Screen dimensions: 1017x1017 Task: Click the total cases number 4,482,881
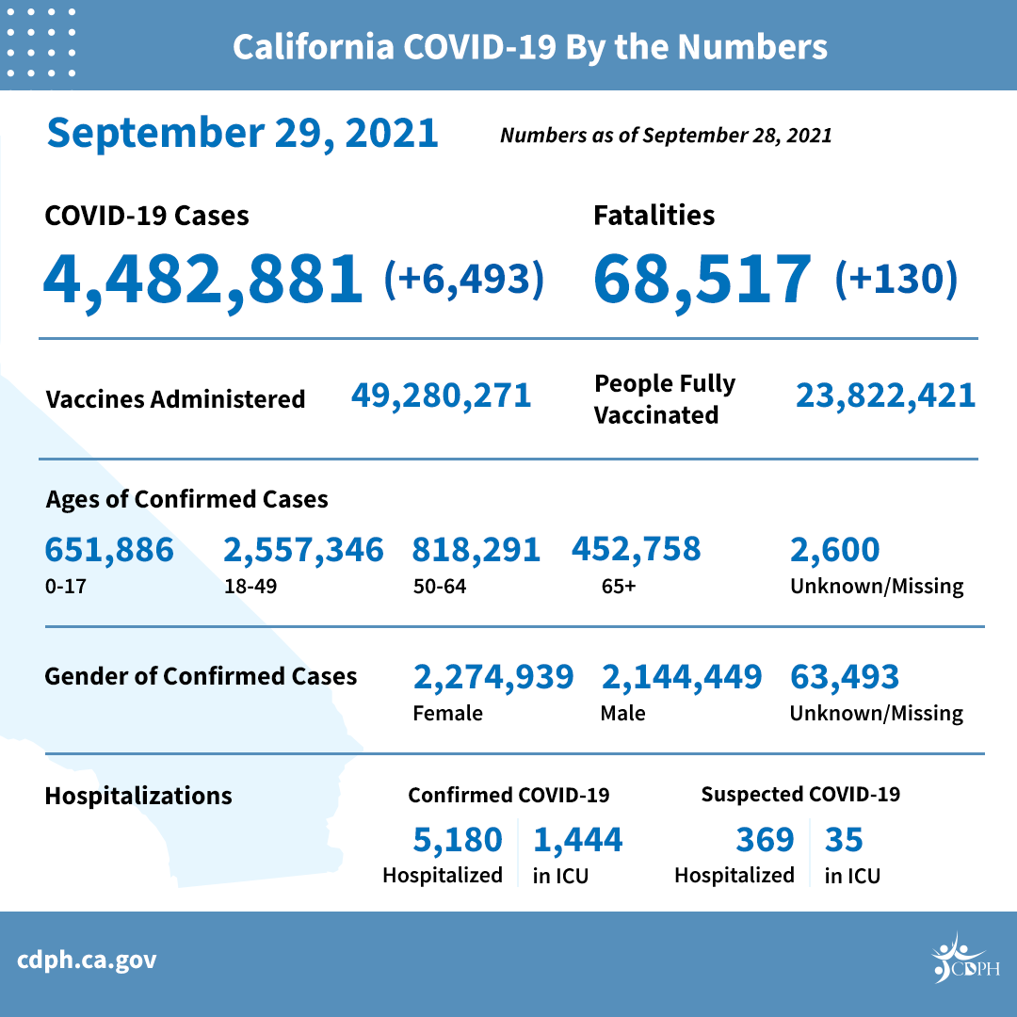point(202,278)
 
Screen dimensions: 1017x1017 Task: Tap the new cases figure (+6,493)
point(464,279)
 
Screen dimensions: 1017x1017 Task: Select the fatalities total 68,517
point(702,278)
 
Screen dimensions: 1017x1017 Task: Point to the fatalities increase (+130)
point(896,279)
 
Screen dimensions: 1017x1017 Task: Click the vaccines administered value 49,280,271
point(441,395)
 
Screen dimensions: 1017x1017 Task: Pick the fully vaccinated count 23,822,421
point(885,395)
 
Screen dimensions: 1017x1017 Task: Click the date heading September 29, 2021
point(243,133)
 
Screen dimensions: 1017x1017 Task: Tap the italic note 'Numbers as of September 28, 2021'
point(666,135)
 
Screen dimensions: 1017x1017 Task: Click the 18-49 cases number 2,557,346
point(303,549)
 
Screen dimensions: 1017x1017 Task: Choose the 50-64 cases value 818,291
point(476,549)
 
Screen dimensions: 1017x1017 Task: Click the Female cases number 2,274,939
point(493,676)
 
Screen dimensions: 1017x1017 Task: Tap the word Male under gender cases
point(622,713)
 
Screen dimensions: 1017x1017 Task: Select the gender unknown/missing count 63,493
point(845,676)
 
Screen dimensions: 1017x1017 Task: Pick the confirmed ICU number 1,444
point(578,839)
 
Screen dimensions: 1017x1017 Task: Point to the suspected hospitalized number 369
point(764,839)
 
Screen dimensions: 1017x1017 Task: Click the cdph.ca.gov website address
point(87,960)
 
